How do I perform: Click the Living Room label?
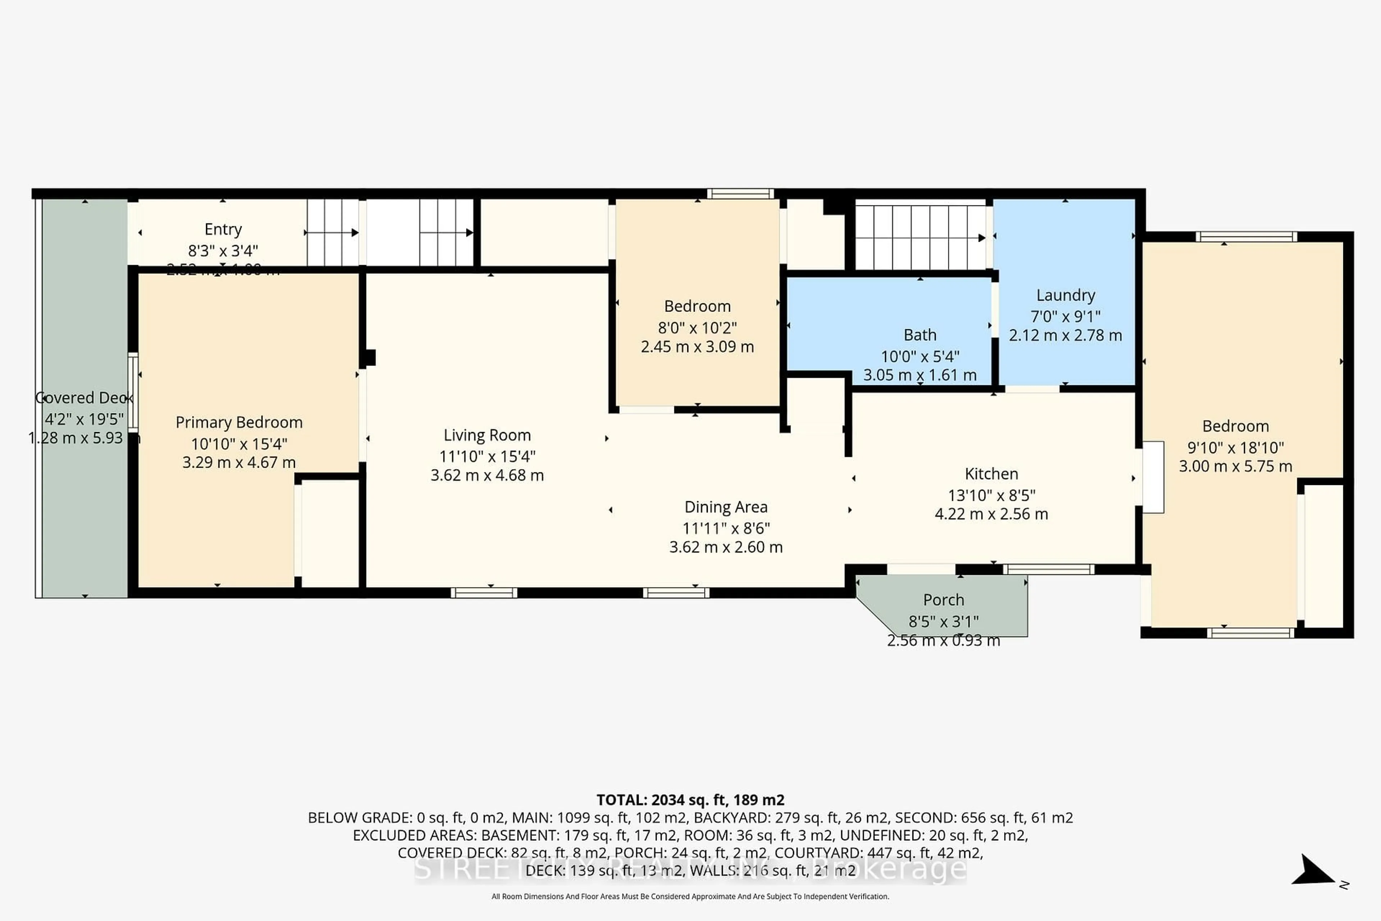(x=487, y=435)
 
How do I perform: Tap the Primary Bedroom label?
(x=239, y=422)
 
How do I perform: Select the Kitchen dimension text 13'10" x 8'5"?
(x=991, y=495)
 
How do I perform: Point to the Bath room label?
(x=920, y=335)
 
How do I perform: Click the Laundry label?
(x=1065, y=295)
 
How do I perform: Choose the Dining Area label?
(x=726, y=507)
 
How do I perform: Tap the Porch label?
(x=943, y=600)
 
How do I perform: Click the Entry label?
(x=223, y=229)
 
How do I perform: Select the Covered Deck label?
(x=84, y=398)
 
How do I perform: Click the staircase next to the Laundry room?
(x=920, y=237)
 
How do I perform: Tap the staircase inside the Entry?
(x=332, y=233)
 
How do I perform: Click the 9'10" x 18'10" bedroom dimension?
(x=1235, y=448)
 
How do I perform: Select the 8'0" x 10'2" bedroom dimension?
(x=697, y=328)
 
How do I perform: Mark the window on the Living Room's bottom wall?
(x=484, y=593)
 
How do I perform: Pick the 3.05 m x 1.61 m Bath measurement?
(x=920, y=375)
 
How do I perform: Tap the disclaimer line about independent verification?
(x=690, y=896)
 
